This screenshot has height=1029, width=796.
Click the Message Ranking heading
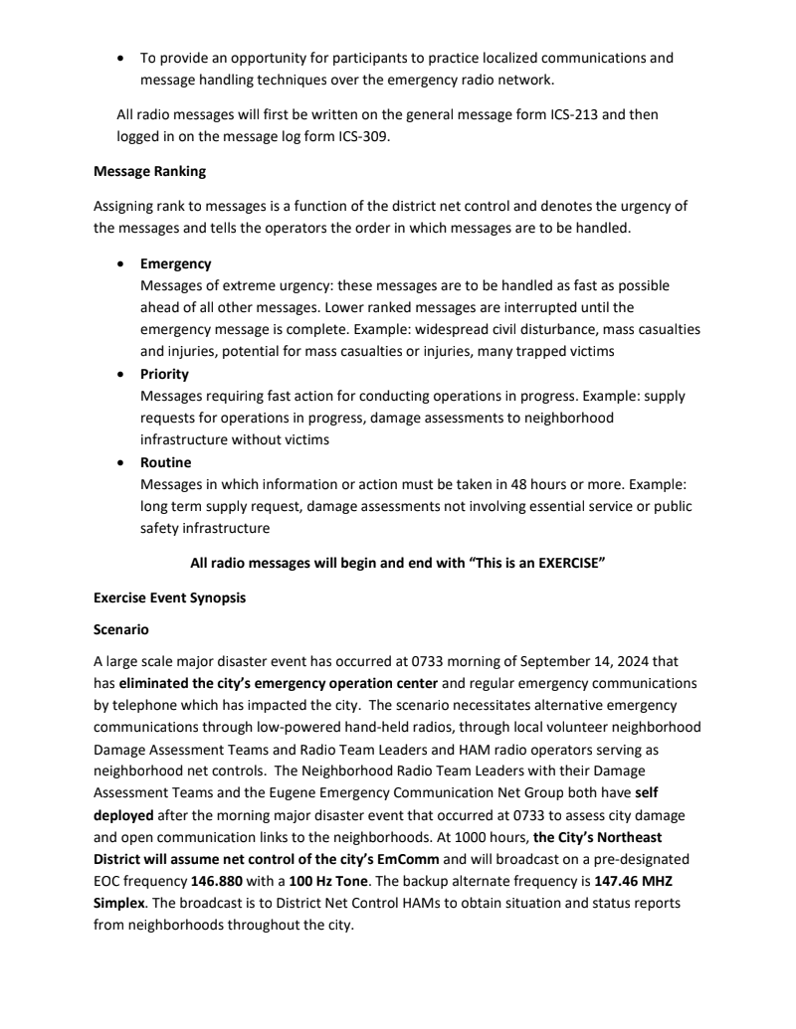[149, 171]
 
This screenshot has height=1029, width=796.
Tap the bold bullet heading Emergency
[175, 264]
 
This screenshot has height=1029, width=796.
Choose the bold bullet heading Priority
[164, 375]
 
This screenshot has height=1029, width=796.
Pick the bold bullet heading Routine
[165, 463]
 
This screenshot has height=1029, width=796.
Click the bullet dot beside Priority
[121, 375]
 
